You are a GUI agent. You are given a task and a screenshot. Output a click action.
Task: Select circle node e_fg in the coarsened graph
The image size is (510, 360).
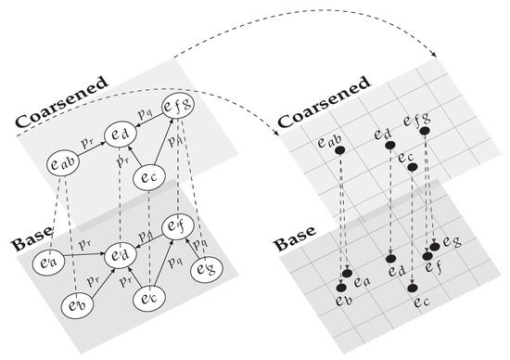[176, 110]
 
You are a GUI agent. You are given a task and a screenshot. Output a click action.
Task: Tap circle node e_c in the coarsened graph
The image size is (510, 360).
[149, 176]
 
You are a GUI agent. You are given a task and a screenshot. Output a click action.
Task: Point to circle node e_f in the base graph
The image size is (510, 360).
[176, 225]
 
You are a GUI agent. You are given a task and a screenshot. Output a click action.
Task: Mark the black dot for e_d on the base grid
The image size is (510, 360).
[391, 258]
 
